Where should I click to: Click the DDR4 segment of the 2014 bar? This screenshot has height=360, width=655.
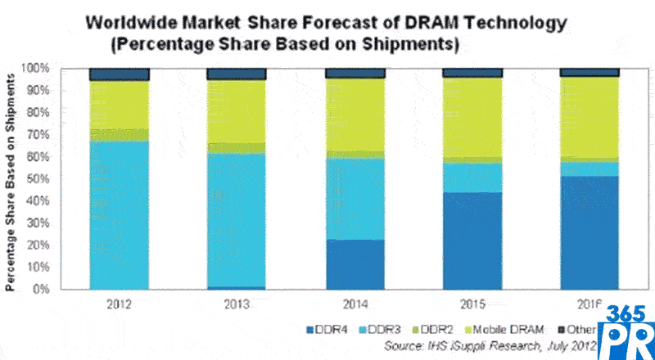point(355,264)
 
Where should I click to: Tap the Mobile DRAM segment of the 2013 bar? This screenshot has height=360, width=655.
point(237,111)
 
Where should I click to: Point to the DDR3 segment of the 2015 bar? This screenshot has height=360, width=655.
point(472,178)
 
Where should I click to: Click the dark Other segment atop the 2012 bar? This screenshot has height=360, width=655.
point(119,74)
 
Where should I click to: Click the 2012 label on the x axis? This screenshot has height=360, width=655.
point(119,304)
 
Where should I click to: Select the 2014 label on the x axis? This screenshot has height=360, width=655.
point(355,304)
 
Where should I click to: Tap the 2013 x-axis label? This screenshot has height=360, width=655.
point(237,304)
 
